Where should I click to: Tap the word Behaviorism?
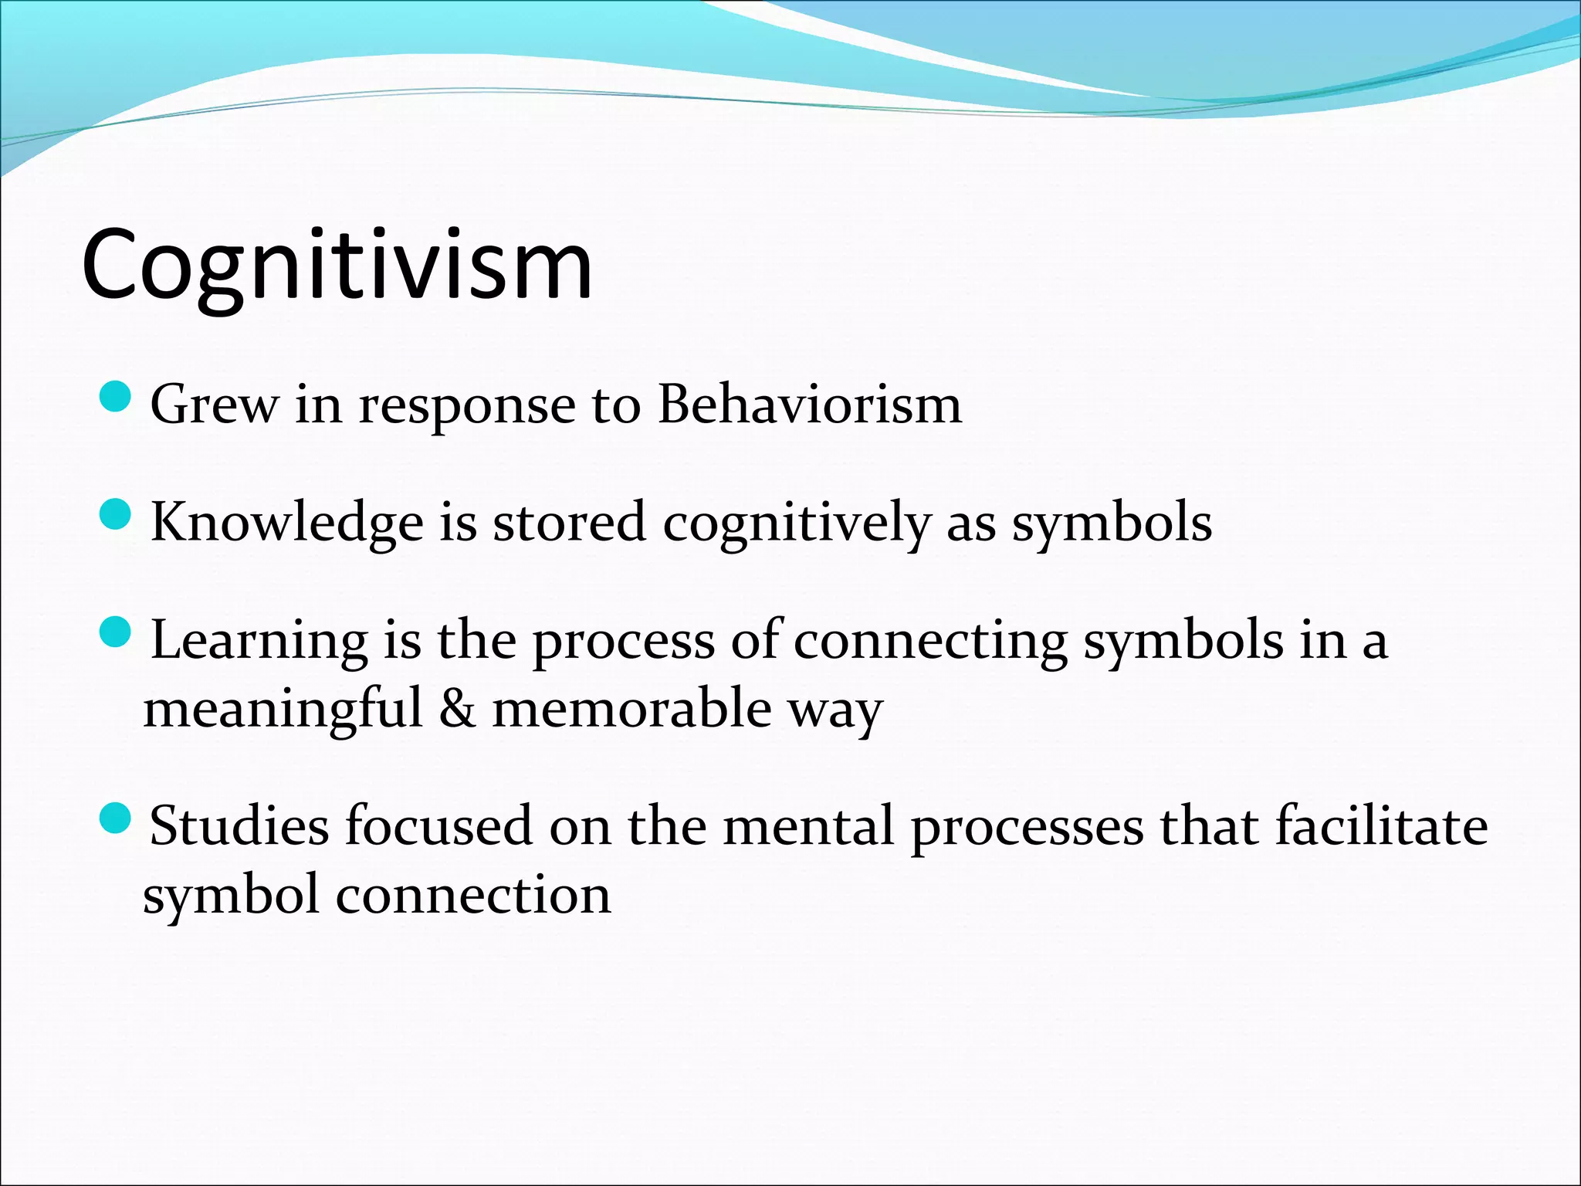click(x=810, y=405)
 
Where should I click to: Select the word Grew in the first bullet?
click(x=214, y=405)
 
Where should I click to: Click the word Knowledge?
click(x=286, y=523)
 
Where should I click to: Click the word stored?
click(x=569, y=523)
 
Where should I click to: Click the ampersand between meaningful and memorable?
click(x=457, y=709)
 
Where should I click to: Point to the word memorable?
click(x=631, y=709)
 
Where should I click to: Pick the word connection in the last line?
click(x=473, y=896)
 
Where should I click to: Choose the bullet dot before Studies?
click(x=117, y=818)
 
